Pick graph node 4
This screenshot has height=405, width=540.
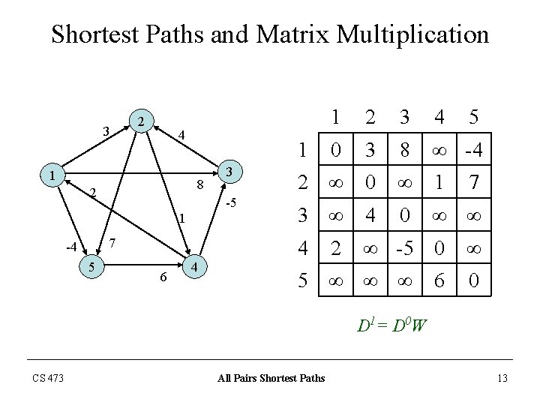coord(193,268)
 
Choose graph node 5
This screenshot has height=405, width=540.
coord(91,266)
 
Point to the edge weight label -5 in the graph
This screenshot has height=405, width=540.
coord(232,203)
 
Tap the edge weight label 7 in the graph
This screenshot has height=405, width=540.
coord(112,243)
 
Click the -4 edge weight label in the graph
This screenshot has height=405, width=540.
coord(70,247)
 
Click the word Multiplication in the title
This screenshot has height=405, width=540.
coord(399,34)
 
